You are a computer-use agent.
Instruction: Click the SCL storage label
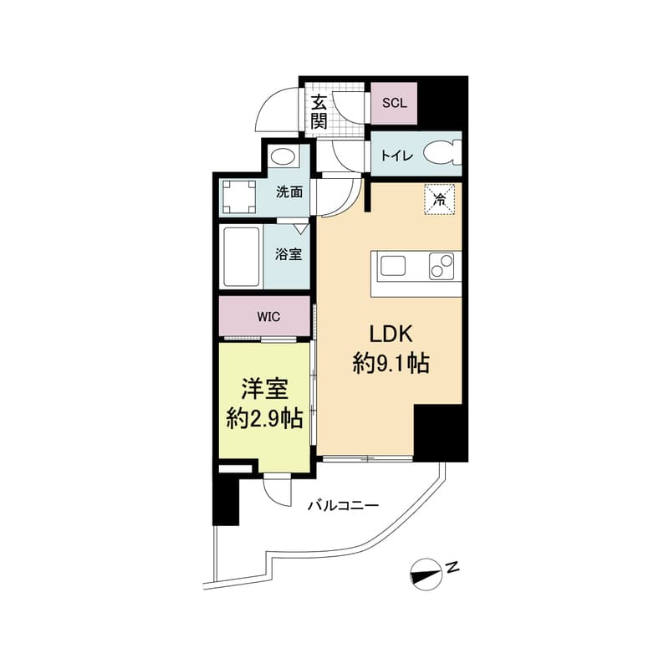click(394, 103)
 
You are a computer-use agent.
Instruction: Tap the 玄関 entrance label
click(319, 112)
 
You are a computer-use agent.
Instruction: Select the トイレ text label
click(396, 156)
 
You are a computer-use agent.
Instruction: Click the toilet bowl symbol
click(442, 154)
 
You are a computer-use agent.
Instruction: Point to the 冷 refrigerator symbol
click(440, 199)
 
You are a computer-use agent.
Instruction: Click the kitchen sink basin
click(393, 266)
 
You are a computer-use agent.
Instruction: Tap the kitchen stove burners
click(442, 266)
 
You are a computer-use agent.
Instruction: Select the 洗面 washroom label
click(289, 192)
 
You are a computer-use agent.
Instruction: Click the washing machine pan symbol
click(239, 197)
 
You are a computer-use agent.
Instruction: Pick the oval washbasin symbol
click(283, 157)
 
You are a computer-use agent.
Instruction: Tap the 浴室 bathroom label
click(289, 255)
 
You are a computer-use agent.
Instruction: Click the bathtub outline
click(242, 257)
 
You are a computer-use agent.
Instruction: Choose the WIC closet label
click(268, 317)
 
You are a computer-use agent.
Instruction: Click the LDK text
click(391, 334)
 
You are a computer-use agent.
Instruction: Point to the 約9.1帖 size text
click(391, 364)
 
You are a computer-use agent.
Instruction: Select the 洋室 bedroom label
click(265, 389)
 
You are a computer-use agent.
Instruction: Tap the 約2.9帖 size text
click(265, 419)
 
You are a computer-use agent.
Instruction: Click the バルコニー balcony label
click(344, 506)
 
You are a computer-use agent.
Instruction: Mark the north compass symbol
click(426, 575)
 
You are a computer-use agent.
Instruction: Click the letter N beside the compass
click(452, 568)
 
